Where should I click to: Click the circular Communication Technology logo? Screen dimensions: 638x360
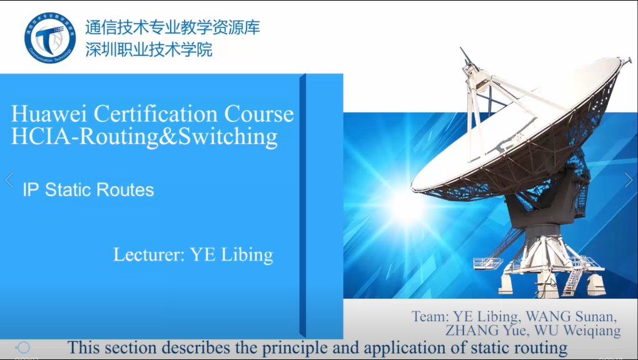50,37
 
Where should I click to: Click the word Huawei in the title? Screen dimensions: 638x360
49,114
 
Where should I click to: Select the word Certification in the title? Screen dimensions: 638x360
155,114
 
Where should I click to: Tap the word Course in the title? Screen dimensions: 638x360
259,114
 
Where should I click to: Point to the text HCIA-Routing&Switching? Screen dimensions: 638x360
144,137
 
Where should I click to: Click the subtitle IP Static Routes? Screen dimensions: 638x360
88,189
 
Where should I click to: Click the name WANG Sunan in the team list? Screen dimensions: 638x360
571,316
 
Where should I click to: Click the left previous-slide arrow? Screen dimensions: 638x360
9,179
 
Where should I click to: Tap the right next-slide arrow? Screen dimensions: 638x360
629,179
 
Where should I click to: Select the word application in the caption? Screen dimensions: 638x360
411,348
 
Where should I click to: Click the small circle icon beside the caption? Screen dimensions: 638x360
23,347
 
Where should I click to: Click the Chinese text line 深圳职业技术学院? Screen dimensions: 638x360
149,49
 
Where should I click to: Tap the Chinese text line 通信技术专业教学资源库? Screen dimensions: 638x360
173,27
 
